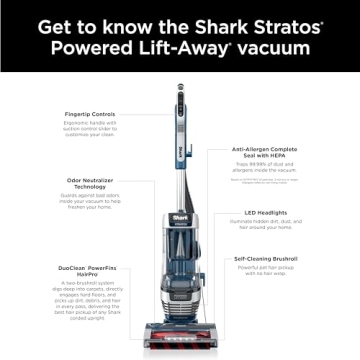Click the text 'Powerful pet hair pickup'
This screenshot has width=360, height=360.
[x=264, y=270]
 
